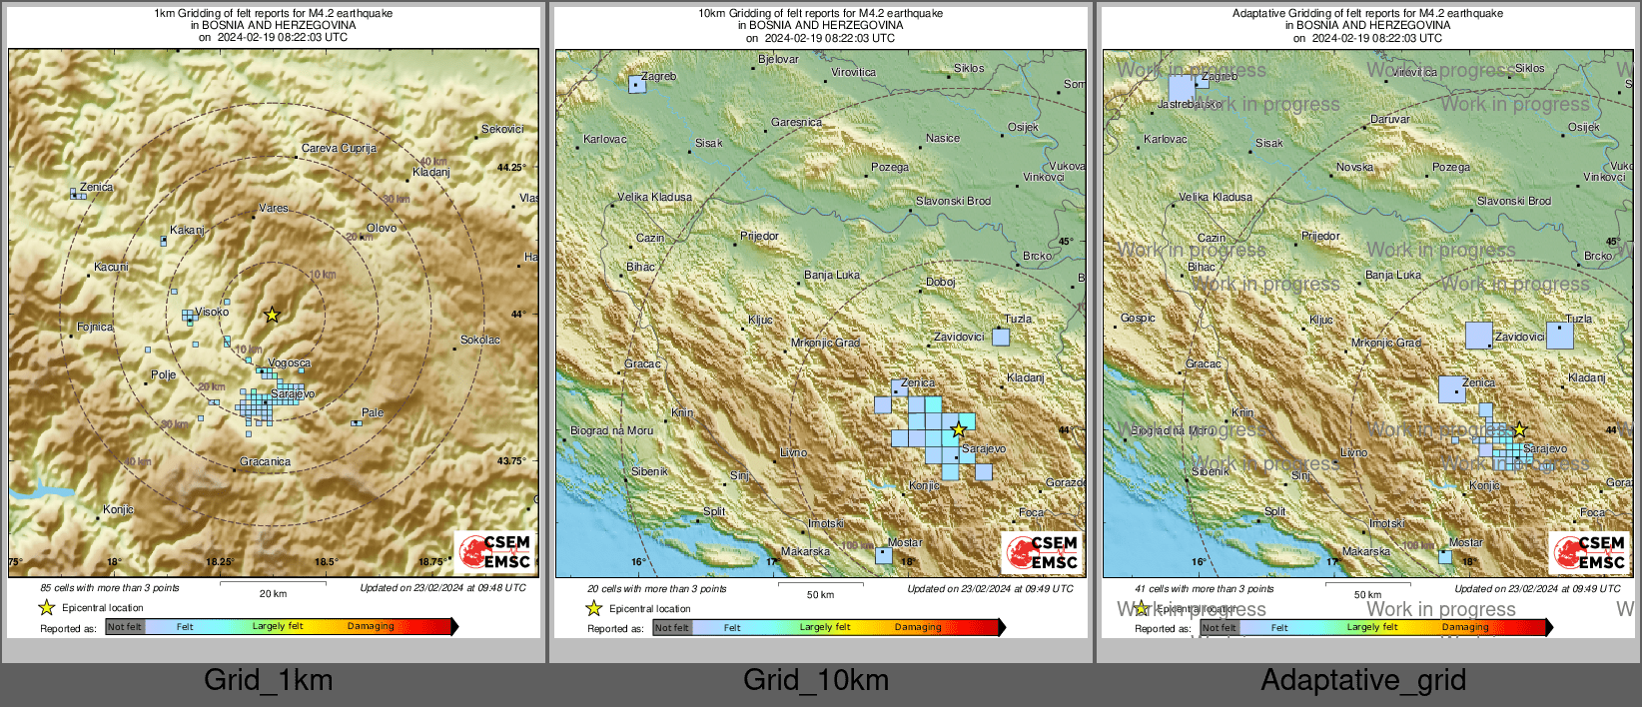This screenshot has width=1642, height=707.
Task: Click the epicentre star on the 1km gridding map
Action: tap(272, 315)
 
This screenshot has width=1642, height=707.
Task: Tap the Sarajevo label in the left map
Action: tap(293, 394)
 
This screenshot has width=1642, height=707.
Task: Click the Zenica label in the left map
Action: tap(97, 187)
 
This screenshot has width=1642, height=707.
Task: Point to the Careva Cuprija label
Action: tap(339, 148)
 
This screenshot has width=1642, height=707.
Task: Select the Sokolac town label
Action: tap(480, 340)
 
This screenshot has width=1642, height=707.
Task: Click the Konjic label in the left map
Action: tap(118, 509)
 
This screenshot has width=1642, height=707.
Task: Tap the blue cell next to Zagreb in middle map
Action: tap(636, 85)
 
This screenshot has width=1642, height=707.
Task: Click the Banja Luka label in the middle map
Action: tap(832, 275)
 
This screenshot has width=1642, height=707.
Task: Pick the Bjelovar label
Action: tap(778, 59)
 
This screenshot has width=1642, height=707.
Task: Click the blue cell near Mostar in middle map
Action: tap(883, 555)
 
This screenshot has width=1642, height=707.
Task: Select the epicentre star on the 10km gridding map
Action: tap(958, 429)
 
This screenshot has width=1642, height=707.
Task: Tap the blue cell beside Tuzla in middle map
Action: tap(1001, 337)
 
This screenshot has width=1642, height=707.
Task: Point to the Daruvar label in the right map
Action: tap(1390, 119)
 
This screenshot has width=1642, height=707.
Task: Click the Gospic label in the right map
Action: tap(1138, 318)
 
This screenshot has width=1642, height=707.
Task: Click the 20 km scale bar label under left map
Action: tap(273, 593)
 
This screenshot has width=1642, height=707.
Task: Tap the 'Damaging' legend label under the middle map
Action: tap(918, 627)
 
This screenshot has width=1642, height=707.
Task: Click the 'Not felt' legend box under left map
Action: tap(125, 627)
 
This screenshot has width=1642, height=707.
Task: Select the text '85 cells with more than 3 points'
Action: tap(110, 588)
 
